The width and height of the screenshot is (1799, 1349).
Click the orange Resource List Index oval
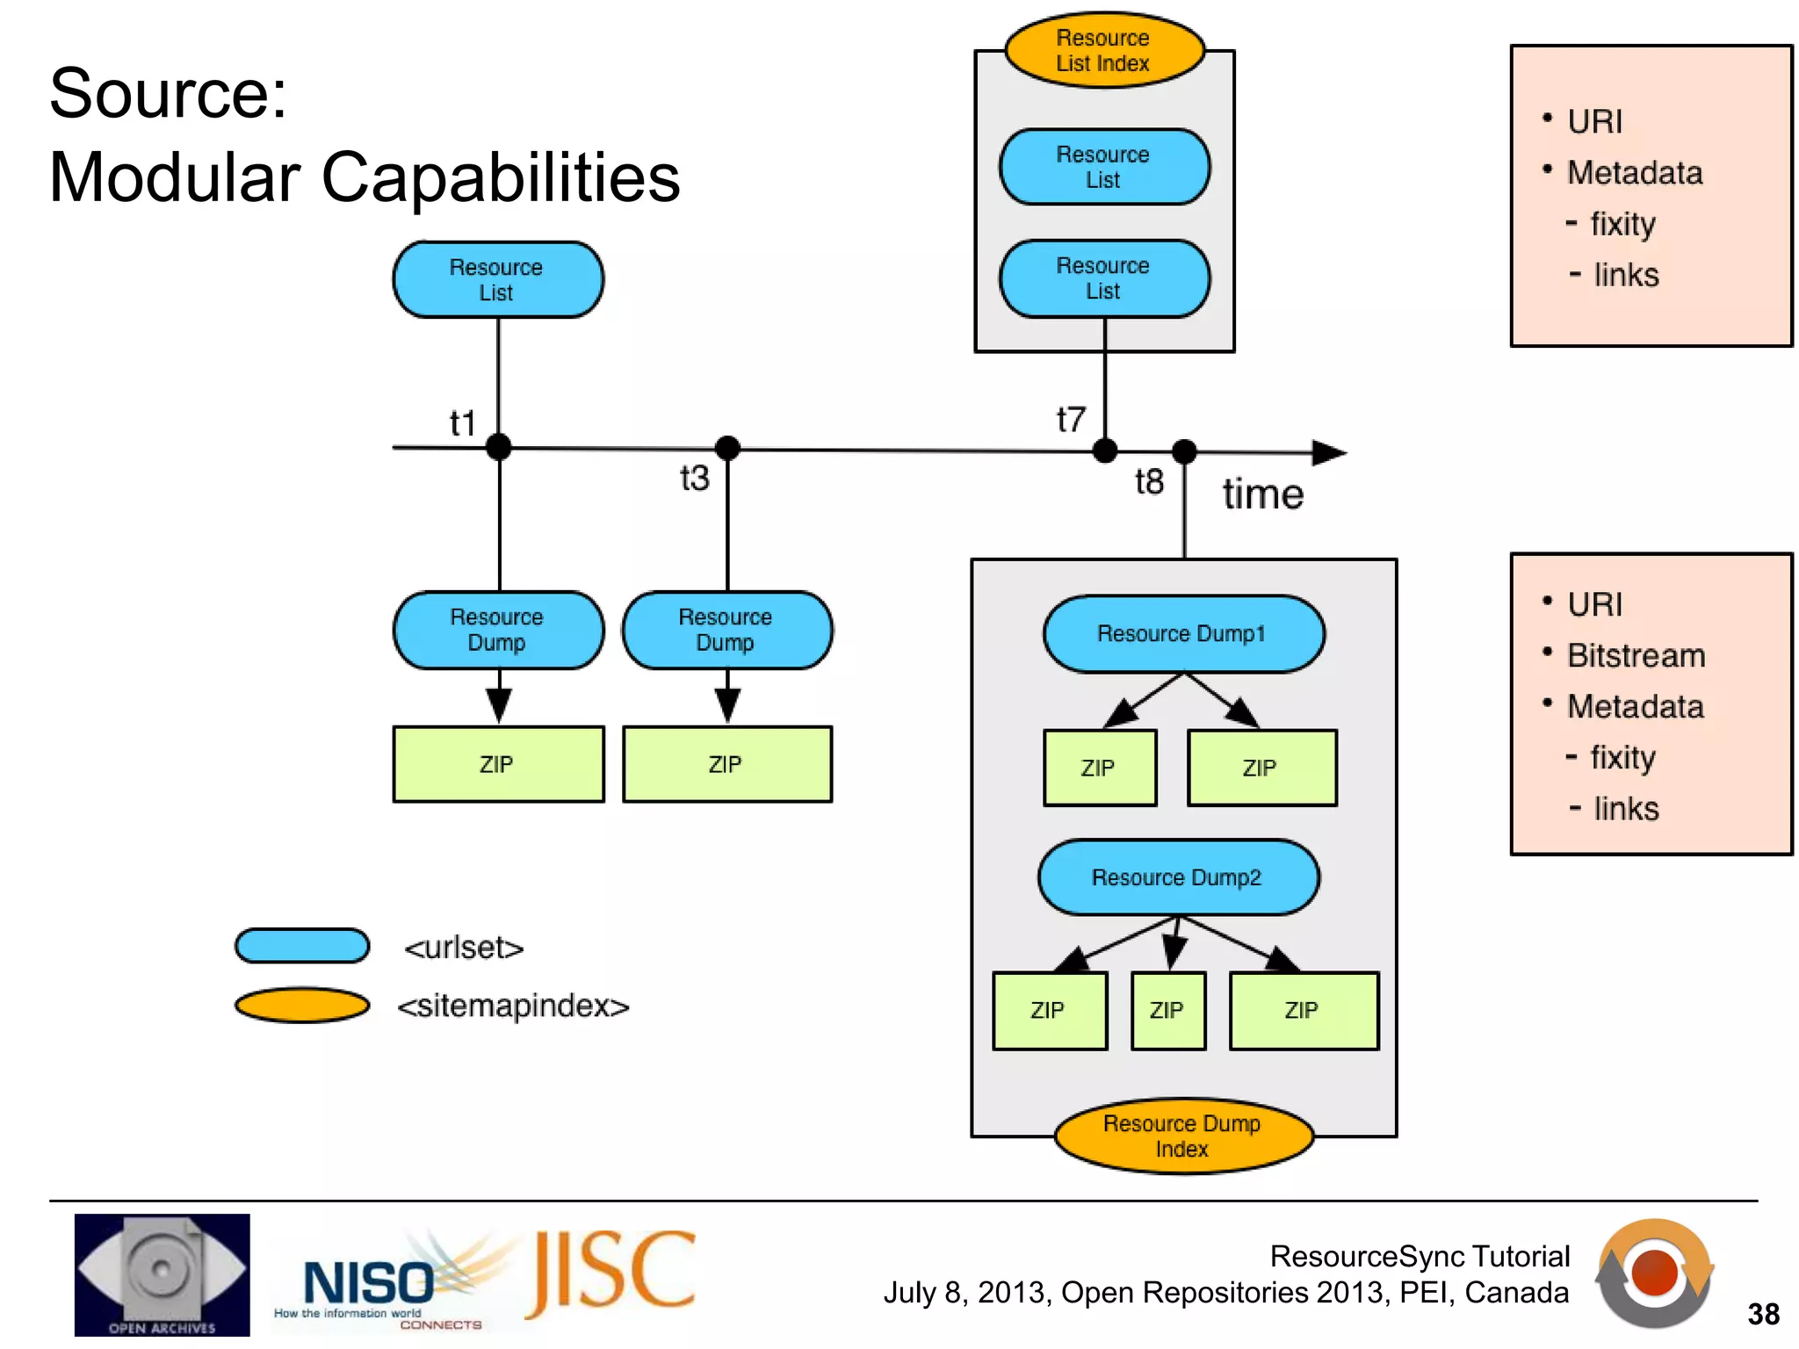[1103, 50]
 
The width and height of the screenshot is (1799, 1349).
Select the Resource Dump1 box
[1182, 634]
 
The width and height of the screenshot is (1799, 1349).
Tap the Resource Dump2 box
[1177, 877]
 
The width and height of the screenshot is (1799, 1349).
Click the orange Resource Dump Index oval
[1182, 1136]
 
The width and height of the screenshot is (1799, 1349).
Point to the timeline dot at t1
[499, 447]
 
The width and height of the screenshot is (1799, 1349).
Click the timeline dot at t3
[727, 449]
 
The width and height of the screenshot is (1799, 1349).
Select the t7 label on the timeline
[1071, 420]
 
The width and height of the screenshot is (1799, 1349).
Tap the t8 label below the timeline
[1149, 482]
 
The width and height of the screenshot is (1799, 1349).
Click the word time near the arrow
[1262, 494]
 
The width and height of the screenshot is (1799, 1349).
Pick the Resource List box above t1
[497, 280]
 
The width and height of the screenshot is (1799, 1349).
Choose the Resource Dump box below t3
[726, 631]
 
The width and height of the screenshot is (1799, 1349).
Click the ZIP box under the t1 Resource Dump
[498, 764]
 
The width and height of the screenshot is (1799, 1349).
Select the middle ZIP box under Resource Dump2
[1167, 1011]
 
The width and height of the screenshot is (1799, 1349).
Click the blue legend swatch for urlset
[302, 946]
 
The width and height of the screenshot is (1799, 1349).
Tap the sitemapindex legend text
[513, 1006]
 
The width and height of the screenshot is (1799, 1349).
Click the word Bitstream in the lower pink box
[1636, 656]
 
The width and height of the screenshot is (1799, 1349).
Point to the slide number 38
[1762, 1314]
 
